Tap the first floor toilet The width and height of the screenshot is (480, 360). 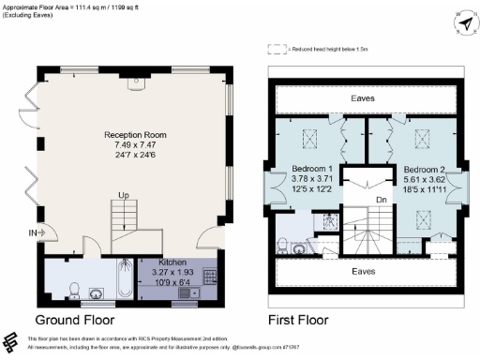pyautogui.click(x=282, y=247)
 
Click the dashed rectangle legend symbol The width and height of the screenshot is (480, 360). pyautogui.click(x=276, y=48)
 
